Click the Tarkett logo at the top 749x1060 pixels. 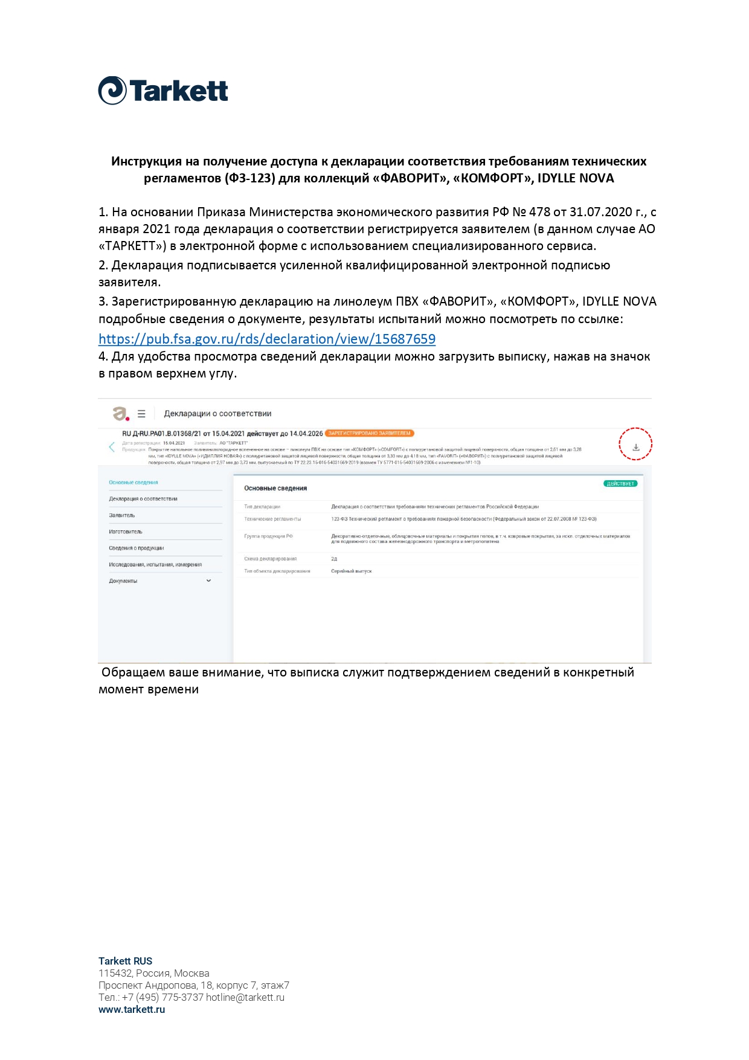(163, 91)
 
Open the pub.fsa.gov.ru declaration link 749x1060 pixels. (266, 339)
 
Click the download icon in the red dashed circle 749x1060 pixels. (635, 448)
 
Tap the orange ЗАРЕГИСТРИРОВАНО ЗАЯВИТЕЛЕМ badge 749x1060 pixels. (369, 433)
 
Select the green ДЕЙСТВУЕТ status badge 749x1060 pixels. (620, 484)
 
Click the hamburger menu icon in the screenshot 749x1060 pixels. (141, 414)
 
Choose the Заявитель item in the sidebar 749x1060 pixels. (122, 515)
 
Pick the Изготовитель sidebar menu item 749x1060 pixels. (126, 532)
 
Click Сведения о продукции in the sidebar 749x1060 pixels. (137, 548)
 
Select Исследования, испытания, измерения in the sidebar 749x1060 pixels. (155, 565)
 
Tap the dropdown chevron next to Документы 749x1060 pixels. (209, 581)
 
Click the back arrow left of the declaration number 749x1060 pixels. (112, 447)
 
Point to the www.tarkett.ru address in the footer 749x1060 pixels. (132, 1009)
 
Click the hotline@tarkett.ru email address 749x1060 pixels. (245, 997)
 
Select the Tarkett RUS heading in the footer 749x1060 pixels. (125, 961)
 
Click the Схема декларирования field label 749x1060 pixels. (270, 559)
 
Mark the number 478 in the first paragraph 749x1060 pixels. (539, 212)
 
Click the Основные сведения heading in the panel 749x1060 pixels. (275, 488)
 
